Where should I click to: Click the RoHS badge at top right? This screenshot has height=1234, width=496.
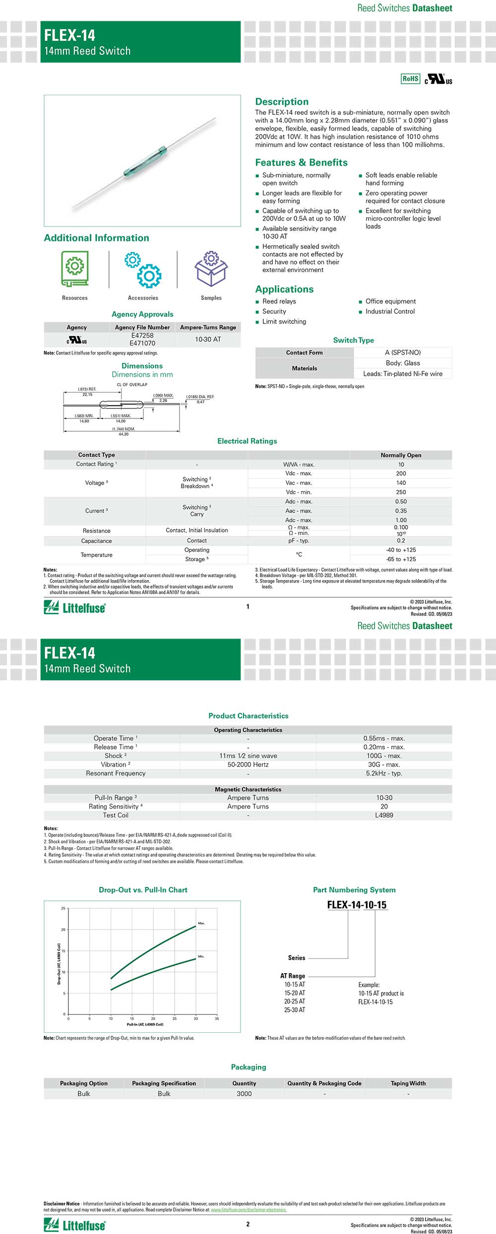point(410,78)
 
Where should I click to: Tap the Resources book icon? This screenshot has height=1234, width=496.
point(75,268)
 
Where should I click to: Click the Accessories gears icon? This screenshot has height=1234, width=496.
point(143,269)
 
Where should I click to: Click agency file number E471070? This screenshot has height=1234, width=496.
point(142,343)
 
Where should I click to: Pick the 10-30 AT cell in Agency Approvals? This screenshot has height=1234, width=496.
point(208,339)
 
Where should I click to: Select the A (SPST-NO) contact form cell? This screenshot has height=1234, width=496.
point(403,353)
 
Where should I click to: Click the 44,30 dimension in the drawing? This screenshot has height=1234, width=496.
point(124,434)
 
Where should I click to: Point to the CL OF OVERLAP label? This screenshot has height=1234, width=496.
point(132,385)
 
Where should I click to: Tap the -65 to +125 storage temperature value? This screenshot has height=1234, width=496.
point(401,559)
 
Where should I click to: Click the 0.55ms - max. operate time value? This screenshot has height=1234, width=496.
point(384,738)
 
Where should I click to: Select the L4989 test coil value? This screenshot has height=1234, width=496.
point(384,815)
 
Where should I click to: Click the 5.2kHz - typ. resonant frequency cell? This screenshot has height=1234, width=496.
point(384,773)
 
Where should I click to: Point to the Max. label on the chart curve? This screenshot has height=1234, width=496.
point(201,923)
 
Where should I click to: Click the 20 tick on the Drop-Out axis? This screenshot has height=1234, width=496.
point(63,930)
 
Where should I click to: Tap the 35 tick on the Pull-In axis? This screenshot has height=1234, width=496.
point(217,1019)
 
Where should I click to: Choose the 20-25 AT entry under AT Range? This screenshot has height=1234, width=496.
point(295,1001)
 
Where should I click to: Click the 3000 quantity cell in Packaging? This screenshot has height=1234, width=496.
point(244,1094)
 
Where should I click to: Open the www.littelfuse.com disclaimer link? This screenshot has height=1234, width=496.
point(248,1210)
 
